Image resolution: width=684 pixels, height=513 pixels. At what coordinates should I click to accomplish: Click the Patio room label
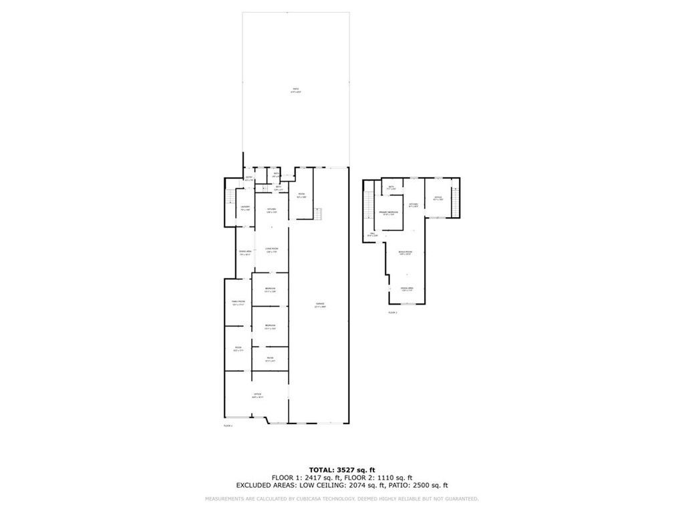tap(295, 90)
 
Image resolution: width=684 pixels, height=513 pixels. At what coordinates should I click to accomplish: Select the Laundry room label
tap(245, 208)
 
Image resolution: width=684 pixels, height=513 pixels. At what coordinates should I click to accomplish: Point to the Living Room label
tap(271, 250)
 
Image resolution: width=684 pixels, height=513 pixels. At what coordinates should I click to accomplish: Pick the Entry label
tap(248, 178)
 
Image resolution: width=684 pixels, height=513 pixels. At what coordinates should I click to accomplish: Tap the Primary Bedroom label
tap(389, 213)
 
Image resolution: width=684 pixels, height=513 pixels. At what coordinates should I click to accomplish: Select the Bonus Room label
tap(405, 253)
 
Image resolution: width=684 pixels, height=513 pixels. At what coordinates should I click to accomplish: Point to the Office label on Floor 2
tap(438, 198)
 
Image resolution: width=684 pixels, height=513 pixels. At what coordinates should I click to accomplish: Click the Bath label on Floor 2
tap(391, 188)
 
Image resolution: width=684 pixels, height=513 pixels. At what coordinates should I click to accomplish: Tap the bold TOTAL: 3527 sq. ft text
tap(341, 470)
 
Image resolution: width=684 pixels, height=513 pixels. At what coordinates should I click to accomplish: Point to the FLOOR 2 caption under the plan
tap(393, 312)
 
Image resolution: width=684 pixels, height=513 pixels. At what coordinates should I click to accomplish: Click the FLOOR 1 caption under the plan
tap(227, 425)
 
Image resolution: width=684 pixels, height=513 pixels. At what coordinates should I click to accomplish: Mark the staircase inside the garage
tap(318, 214)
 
